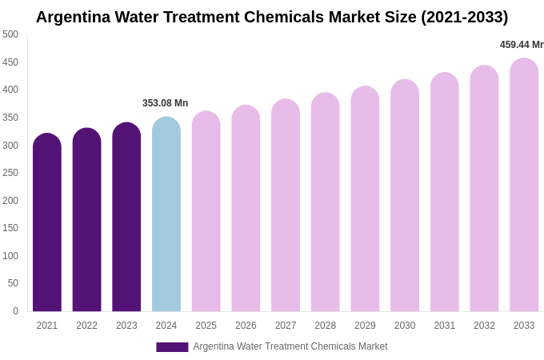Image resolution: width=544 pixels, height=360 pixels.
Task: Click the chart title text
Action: pos(272,17)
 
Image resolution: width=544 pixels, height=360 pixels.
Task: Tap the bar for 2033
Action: pos(524,185)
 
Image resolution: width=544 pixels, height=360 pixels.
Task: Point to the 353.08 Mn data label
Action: pos(165,103)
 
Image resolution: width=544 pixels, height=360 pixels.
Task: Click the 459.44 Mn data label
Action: pos(522,45)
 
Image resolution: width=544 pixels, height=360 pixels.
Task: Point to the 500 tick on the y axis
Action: pos(10,34)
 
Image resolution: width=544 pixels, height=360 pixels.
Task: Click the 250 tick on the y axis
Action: pos(10,173)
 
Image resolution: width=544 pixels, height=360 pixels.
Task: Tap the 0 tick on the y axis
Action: pos(15,311)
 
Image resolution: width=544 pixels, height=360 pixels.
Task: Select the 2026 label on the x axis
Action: pos(246,326)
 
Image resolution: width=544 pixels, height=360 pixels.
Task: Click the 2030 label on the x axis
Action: pos(405,326)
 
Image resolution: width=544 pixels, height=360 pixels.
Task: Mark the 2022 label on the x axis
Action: pos(86,326)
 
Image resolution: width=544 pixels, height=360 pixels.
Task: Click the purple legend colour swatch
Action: pos(172,347)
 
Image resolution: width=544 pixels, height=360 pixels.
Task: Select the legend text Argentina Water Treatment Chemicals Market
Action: pos(290,346)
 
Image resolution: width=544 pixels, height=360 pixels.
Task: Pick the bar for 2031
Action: pos(444,192)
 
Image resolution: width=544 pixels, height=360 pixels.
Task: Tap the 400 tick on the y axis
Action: pos(10,90)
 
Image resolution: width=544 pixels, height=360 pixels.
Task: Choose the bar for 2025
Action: pos(206,211)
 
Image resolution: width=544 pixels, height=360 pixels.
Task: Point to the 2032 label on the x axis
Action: pos(484,326)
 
